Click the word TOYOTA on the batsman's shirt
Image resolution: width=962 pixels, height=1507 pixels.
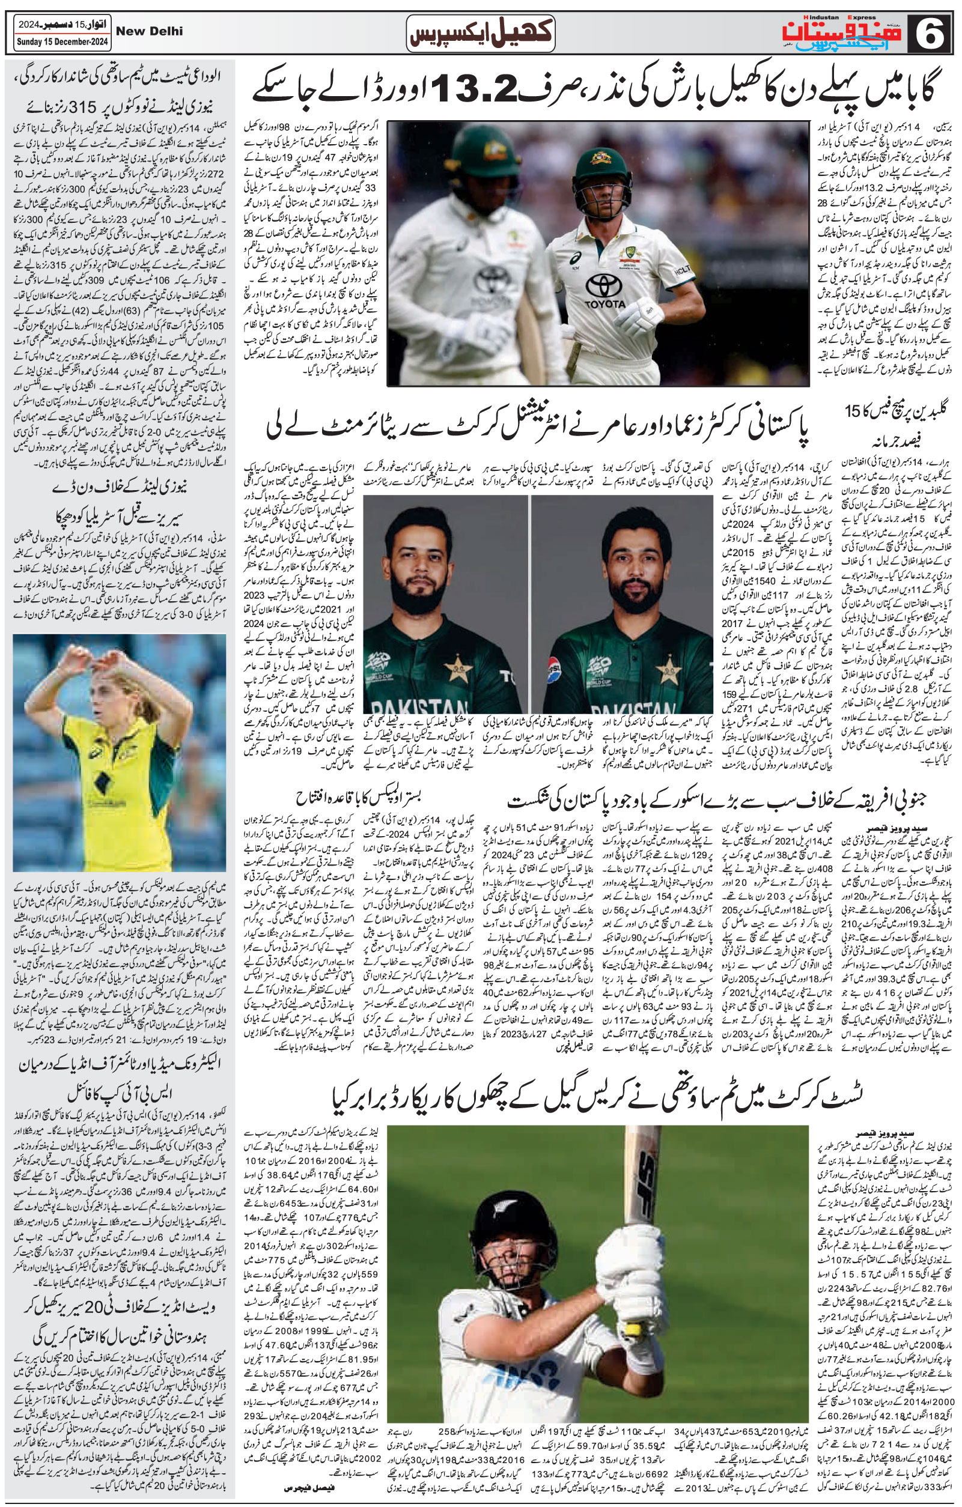[x=606, y=305]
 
